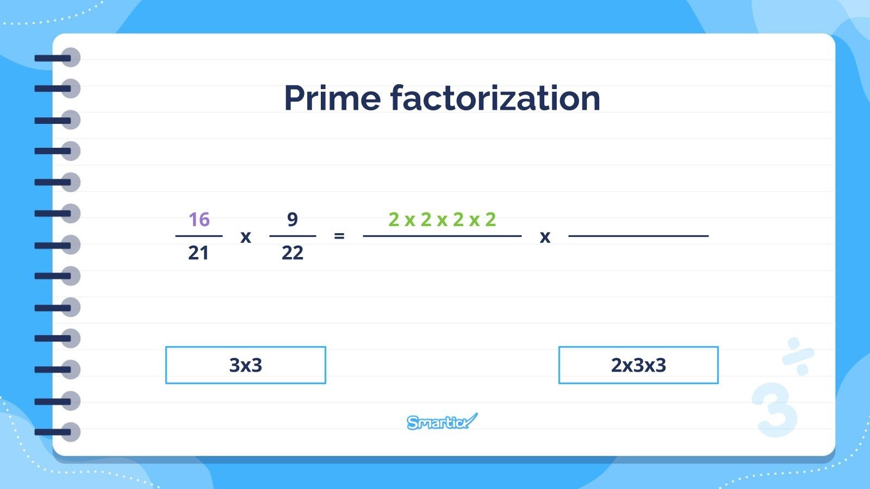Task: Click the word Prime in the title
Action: [332, 98]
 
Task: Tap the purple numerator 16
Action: [199, 220]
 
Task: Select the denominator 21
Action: [198, 253]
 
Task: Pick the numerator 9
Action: [293, 220]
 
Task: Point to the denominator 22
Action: [293, 253]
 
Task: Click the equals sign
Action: [339, 236]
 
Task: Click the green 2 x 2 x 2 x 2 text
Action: [442, 220]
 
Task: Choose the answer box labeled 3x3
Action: [245, 365]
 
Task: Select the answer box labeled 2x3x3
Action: [638, 365]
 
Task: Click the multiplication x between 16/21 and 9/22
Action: [246, 237]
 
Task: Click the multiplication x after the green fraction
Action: [545, 237]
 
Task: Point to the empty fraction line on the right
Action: [638, 236]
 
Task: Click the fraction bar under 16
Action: [199, 236]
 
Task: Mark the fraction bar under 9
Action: [293, 236]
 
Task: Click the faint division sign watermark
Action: [798, 356]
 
